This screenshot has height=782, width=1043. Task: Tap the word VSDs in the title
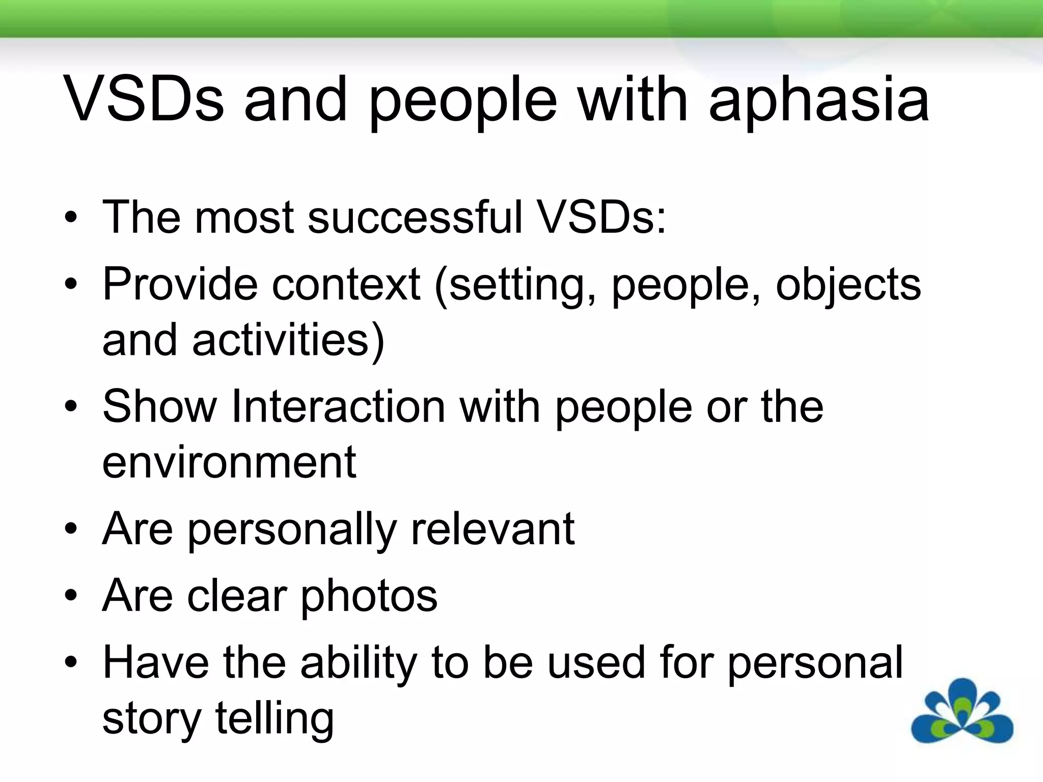coord(144,100)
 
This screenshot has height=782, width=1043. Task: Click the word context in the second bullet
coord(346,284)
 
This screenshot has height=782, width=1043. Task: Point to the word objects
coord(848,284)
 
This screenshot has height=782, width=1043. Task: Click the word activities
coord(288,340)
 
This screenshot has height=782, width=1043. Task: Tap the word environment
coord(229,462)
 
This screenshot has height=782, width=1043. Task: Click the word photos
coord(369,596)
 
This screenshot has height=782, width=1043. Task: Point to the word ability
coord(359,662)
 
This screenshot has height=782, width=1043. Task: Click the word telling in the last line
coord(275,718)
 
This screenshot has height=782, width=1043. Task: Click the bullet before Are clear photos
coord(71,596)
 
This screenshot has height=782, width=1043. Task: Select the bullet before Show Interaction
coord(71,407)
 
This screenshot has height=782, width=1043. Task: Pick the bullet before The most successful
coord(71,218)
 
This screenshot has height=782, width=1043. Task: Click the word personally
coord(292,529)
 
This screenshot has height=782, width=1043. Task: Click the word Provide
coord(180,284)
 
